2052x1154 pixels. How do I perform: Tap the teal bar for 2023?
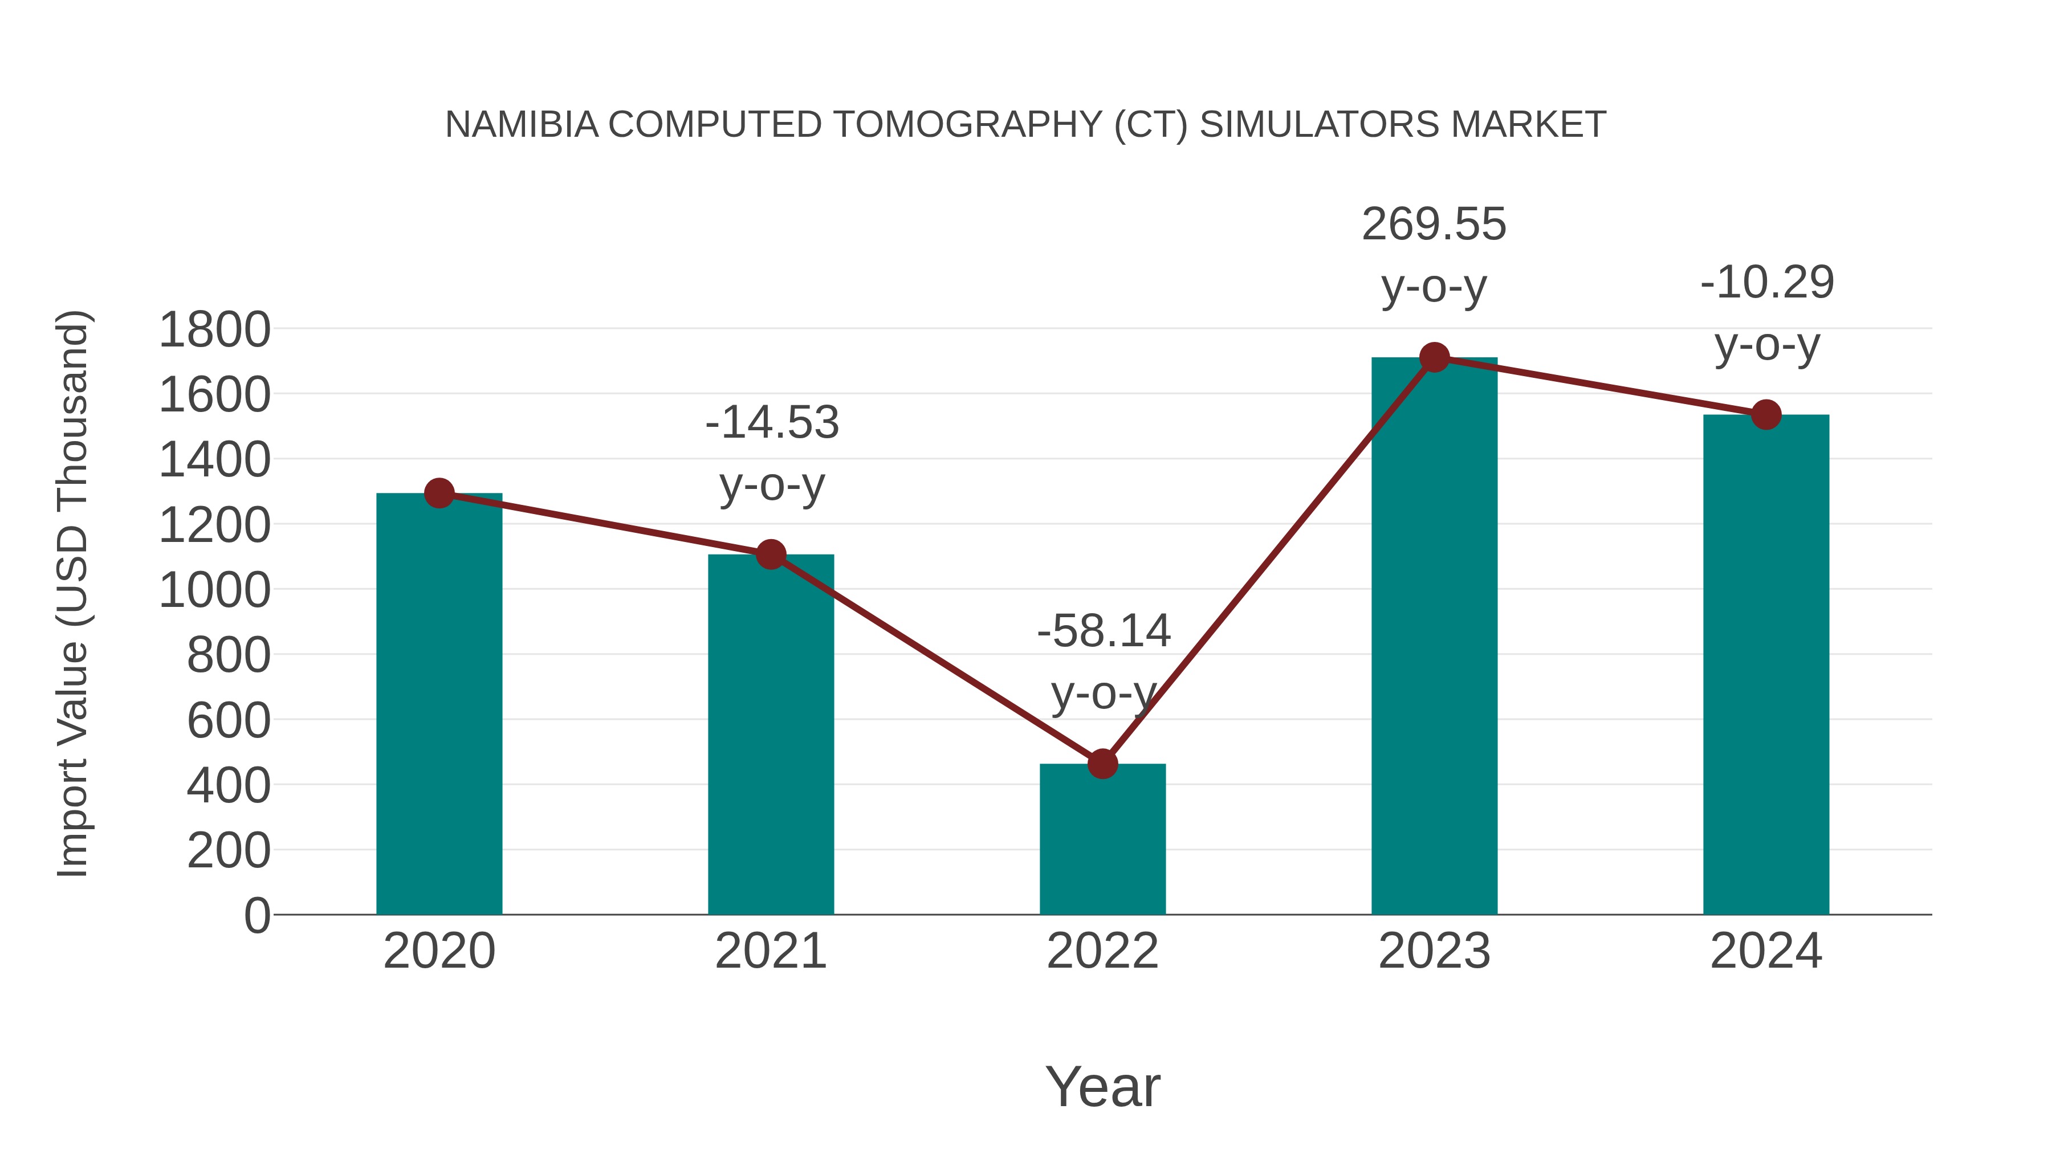1434,637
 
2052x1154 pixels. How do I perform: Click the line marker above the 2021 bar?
770,554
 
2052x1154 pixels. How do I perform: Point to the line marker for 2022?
1102,764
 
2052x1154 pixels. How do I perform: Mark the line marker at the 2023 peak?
1434,357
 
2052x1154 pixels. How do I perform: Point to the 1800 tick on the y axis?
214,330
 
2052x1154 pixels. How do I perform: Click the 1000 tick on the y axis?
214,591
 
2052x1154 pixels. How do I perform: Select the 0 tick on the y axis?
256,916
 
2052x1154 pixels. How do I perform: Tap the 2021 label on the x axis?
770,951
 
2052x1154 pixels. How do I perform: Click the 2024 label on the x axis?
1766,951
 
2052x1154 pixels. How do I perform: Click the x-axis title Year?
1102,1087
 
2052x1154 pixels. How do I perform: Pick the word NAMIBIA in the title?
522,125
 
